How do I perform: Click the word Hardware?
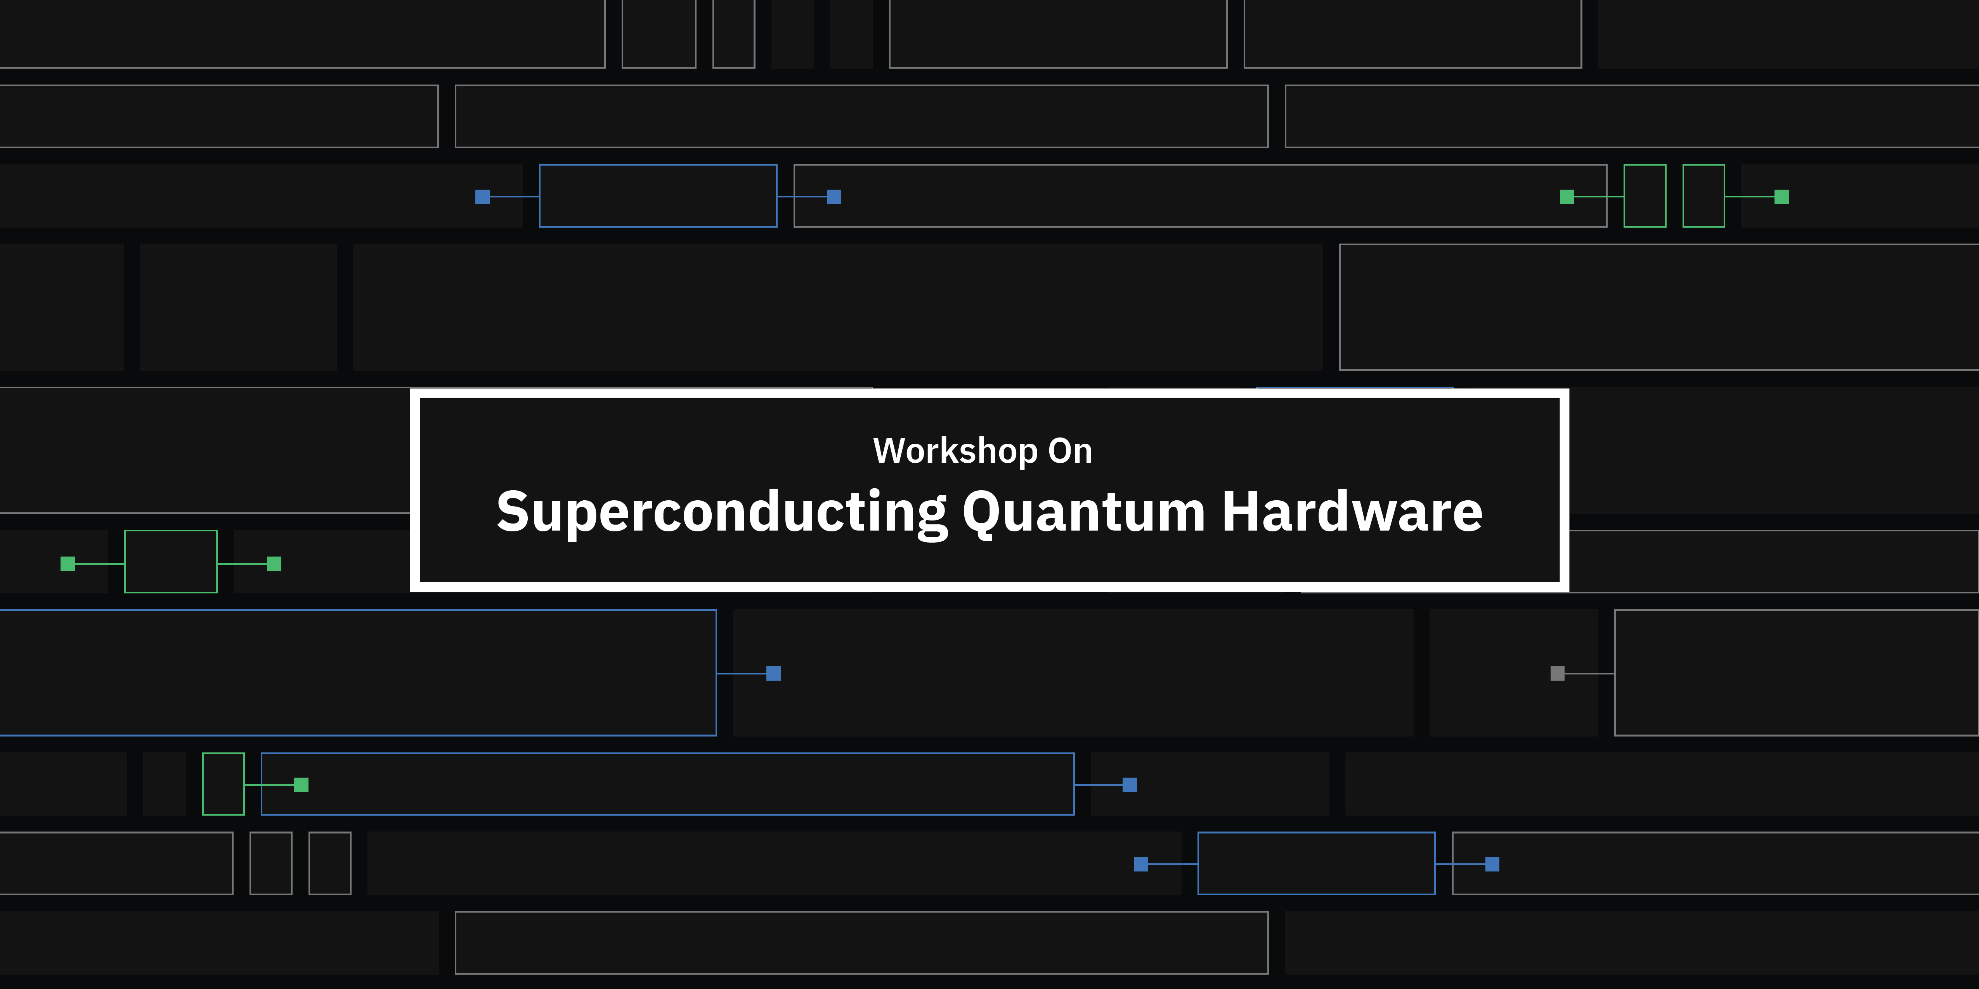(x=1352, y=512)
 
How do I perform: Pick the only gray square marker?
(x=1557, y=673)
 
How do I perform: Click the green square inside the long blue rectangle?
(x=301, y=784)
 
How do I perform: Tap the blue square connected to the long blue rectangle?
(x=1129, y=784)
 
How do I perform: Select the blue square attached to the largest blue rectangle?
(x=774, y=673)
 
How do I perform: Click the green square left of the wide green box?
(x=68, y=564)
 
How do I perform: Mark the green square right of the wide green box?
(x=274, y=564)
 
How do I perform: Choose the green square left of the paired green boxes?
(x=1567, y=197)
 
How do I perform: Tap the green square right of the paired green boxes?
(x=1781, y=197)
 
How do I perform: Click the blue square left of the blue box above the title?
(x=482, y=197)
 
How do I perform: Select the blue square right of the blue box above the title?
(x=834, y=197)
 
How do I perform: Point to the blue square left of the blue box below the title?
(x=1141, y=864)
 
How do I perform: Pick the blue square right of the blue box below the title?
(x=1492, y=864)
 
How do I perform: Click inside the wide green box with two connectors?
(x=171, y=561)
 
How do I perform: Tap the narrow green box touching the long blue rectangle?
(x=223, y=784)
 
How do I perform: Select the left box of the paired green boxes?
(x=1645, y=196)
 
